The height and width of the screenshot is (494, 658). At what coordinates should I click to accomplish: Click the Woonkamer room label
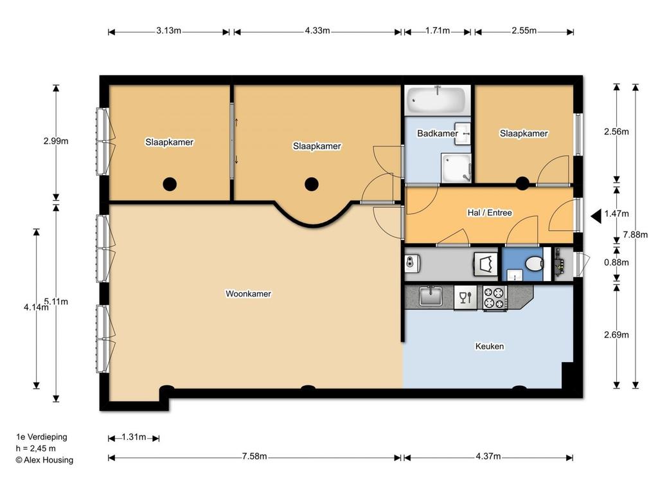(249, 293)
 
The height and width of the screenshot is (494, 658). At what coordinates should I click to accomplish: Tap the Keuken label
(489, 346)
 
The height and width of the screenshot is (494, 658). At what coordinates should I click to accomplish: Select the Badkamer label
(437, 133)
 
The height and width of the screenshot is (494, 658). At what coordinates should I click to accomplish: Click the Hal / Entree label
(490, 212)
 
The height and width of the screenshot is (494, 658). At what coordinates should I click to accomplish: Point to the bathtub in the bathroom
(438, 100)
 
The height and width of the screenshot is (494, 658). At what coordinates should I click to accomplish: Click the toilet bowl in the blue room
(535, 264)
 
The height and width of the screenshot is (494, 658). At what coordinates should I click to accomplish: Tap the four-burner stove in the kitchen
(495, 297)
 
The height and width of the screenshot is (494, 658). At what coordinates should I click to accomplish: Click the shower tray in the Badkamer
(456, 168)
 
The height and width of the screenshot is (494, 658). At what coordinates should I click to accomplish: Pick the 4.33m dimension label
(317, 31)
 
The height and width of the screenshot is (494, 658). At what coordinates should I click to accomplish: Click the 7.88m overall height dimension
(636, 234)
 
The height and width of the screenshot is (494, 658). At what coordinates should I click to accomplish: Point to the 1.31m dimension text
(134, 437)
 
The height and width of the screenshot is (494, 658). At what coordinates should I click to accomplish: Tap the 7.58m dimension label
(254, 456)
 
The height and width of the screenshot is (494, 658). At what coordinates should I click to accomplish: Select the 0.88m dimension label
(616, 262)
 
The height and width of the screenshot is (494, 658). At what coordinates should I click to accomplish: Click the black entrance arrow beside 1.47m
(596, 216)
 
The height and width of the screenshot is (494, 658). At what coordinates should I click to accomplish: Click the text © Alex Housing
(44, 460)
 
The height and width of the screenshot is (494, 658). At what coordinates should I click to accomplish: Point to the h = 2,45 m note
(36, 448)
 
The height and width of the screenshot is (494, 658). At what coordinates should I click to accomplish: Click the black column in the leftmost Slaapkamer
(170, 183)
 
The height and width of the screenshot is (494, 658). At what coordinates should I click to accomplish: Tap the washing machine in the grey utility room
(486, 264)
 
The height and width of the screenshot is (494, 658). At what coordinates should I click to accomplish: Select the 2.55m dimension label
(524, 31)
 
